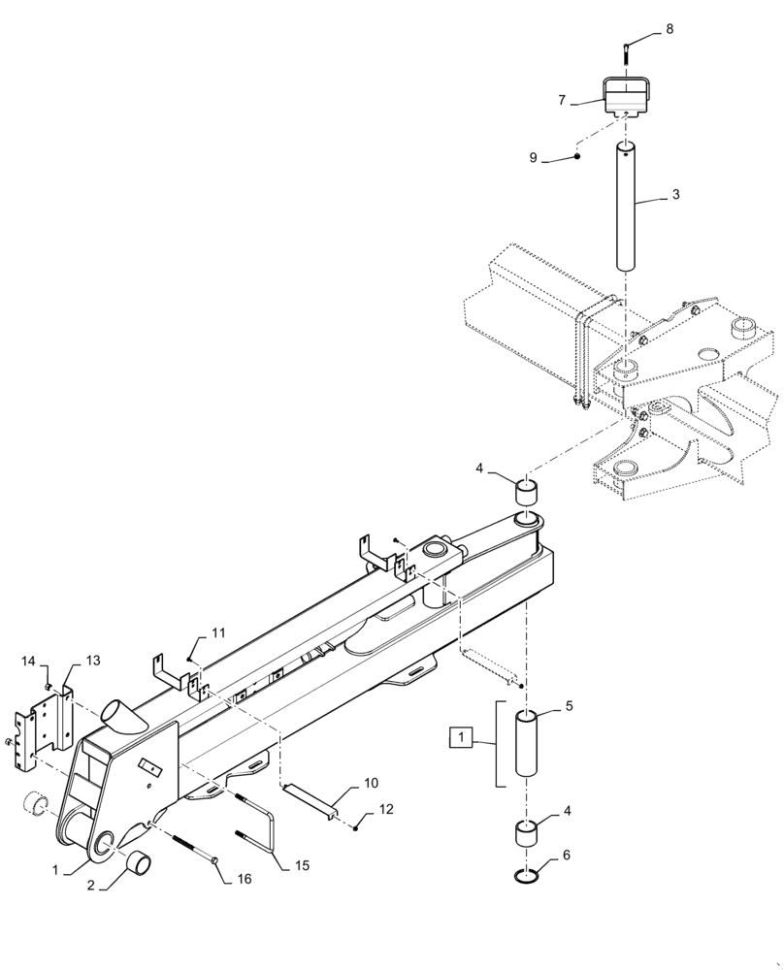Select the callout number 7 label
562,100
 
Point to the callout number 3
675,195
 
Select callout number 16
244,879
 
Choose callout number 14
29,661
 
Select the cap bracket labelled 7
626,97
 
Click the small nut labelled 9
576,157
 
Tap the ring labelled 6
526,877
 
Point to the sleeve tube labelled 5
527,743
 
